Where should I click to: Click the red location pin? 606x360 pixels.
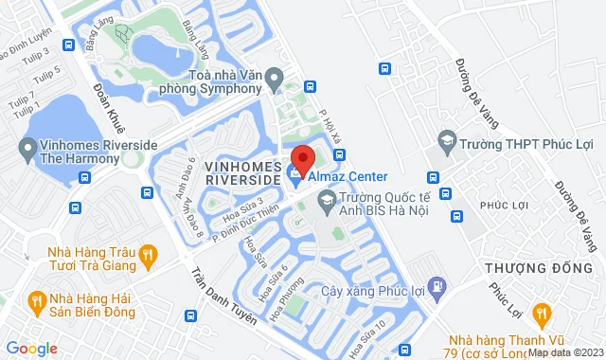coord(302,158)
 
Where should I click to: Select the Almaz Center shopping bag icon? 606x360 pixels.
coord(296,176)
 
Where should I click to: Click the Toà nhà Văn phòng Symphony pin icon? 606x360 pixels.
coord(275,76)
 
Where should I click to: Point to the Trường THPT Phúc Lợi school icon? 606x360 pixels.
coord(445,144)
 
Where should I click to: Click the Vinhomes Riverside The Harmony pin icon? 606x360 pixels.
coord(27,148)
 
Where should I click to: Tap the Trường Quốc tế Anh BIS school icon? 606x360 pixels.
coord(327,199)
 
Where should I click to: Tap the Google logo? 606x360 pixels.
coord(30,348)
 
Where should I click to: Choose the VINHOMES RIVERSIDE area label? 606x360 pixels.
coord(242,172)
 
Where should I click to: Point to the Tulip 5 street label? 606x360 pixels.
coord(49,71)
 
